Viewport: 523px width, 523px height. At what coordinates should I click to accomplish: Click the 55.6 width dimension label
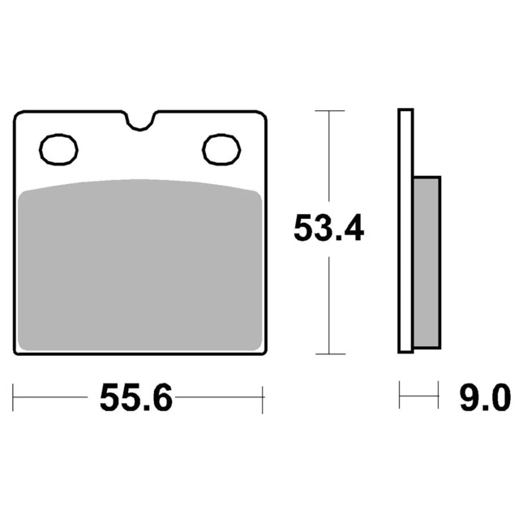[x=136, y=397]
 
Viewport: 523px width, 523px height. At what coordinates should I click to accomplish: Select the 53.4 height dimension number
[x=329, y=229]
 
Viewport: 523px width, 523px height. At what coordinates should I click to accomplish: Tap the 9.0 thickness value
[x=486, y=397]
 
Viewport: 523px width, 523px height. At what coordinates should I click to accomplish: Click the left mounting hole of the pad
[x=58, y=149]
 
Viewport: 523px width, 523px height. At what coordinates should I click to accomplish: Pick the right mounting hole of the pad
[x=221, y=149]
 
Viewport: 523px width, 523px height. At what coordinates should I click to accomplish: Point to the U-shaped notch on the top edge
[x=140, y=128]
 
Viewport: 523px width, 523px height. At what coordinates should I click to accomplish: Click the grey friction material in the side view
[x=427, y=263]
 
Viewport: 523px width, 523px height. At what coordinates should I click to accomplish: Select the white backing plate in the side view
[x=406, y=230]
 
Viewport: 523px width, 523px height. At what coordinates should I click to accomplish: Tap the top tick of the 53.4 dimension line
[x=329, y=111]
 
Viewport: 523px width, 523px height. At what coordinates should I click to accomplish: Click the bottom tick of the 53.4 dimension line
[x=329, y=354]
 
